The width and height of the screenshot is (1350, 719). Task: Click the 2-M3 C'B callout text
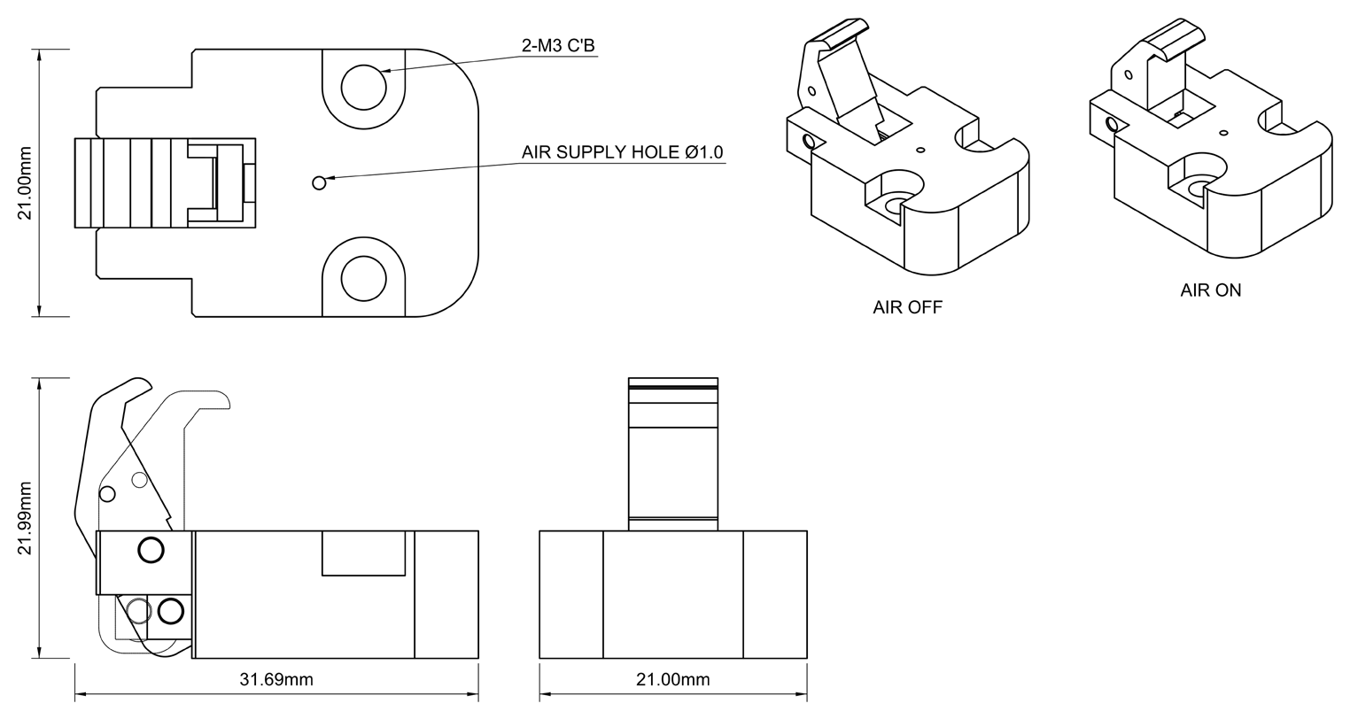pyautogui.click(x=558, y=45)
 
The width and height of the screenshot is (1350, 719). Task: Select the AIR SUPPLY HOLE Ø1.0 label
pyautogui.click(x=622, y=152)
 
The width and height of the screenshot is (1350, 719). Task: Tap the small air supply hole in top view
pyautogui.click(x=319, y=182)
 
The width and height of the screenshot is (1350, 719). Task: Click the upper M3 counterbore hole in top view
pyautogui.click(x=363, y=88)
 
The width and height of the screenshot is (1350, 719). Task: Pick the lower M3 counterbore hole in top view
pyautogui.click(x=363, y=278)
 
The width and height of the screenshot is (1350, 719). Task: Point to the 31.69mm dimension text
pyautogui.click(x=276, y=679)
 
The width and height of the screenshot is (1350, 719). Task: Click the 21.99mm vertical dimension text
pyautogui.click(x=24, y=518)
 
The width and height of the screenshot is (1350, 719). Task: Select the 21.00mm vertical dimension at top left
pyautogui.click(x=24, y=182)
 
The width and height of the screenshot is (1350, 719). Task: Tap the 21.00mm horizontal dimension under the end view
pyautogui.click(x=672, y=679)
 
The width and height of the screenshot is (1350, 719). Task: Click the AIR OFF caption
pyautogui.click(x=907, y=307)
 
